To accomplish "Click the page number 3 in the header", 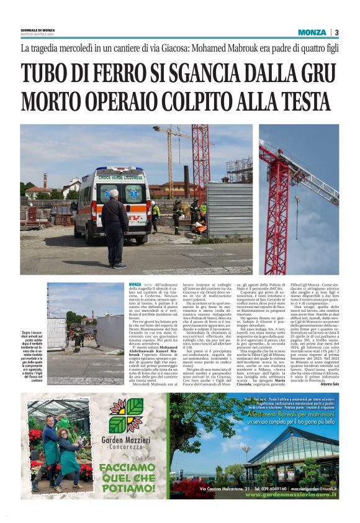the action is pos(336,32).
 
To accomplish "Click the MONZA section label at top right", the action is pos(311,32).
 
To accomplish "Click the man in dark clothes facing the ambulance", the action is pos(115,227).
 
